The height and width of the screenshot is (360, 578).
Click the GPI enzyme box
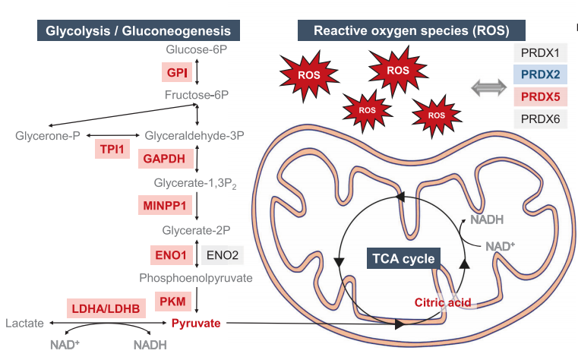[177, 73]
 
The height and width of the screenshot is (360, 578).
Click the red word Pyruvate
[195, 324]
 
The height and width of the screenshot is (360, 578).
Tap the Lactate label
[24, 324]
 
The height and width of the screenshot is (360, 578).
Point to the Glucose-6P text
[197, 51]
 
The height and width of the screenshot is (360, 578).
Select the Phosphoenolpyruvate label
[195, 278]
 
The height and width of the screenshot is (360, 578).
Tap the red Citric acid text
[442, 302]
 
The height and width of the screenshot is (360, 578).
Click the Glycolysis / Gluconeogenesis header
[138, 31]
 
